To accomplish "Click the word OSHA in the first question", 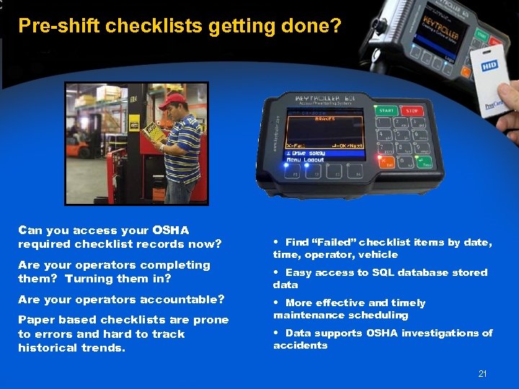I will [171, 231].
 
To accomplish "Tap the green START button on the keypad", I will [386, 110].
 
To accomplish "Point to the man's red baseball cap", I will [172, 100].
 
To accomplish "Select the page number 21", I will [482, 373].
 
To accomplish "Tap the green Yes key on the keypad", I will [426, 164].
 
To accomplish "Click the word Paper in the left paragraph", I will [35, 320].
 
